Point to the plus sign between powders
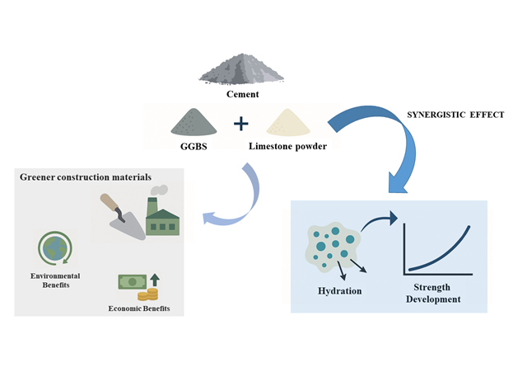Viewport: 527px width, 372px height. point(240,125)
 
